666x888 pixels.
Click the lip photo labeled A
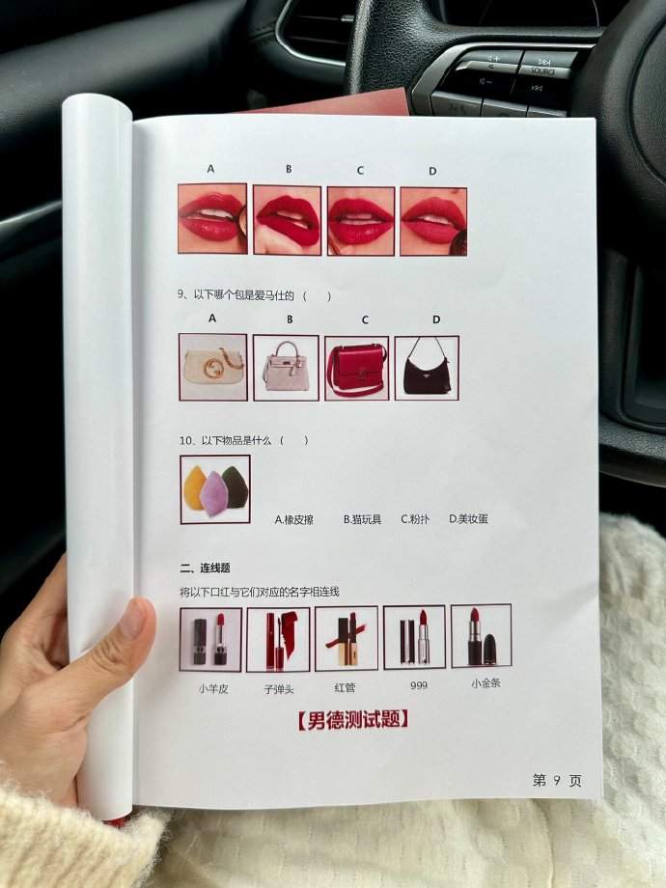point(212,218)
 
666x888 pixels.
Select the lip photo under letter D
point(433,221)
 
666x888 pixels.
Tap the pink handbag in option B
point(286,367)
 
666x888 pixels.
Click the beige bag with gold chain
point(214,368)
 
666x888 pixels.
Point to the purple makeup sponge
point(213,493)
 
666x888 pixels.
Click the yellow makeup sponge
point(195,487)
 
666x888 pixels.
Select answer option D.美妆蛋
point(468,518)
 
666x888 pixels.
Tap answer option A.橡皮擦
point(294,520)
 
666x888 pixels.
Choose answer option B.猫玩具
point(363,519)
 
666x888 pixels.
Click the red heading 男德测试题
point(353,720)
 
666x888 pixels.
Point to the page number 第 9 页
point(557,781)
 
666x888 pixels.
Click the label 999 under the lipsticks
point(419,686)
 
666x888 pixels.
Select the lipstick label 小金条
point(486,683)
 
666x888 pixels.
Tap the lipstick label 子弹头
point(279,689)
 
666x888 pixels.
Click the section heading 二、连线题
point(205,568)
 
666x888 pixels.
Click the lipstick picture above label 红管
point(346,638)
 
